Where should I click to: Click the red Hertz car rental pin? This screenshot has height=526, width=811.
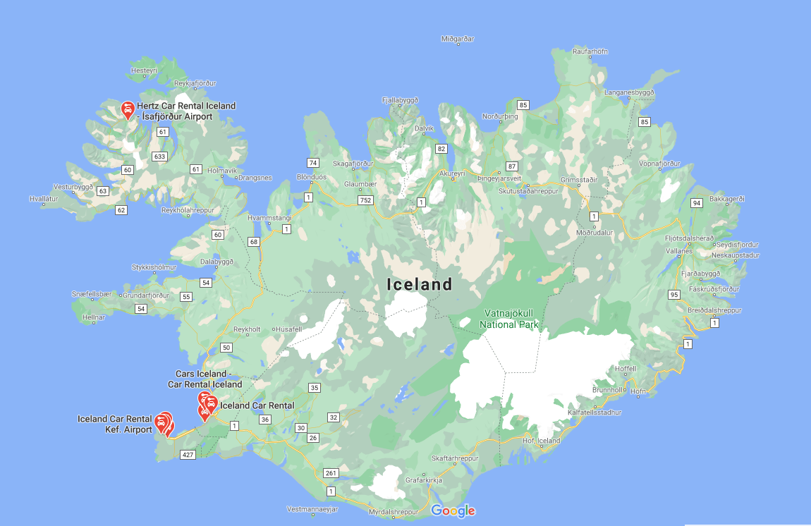[x=128, y=109]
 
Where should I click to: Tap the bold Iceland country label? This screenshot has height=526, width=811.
[x=419, y=285]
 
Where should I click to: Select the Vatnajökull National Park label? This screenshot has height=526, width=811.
[x=509, y=319]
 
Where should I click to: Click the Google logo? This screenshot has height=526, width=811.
[x=453, y=511]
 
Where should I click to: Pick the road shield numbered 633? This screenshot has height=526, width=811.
[x=159, y=157]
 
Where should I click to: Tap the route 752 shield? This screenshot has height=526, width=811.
[x=365, y=200]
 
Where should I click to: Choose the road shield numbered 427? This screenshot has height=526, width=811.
[x=187, y=455]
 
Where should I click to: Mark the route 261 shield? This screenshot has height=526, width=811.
[x=331, y=472]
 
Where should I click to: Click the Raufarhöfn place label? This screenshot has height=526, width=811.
[x=590, y=51]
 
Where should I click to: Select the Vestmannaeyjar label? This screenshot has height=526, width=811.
[x=313, y=509]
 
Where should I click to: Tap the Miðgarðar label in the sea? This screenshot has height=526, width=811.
[x=458, y=39]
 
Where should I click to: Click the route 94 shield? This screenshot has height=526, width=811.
[x=697, y=203]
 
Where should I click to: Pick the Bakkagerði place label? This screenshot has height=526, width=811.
[x=726, y=199]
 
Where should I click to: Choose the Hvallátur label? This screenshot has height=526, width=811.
[x=44, y=199]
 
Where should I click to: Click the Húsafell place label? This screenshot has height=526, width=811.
[x=288, y=329]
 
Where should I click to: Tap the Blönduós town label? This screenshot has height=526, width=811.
[x=312, y=177]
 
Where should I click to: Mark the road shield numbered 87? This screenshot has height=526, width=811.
[x=512, y=167]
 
